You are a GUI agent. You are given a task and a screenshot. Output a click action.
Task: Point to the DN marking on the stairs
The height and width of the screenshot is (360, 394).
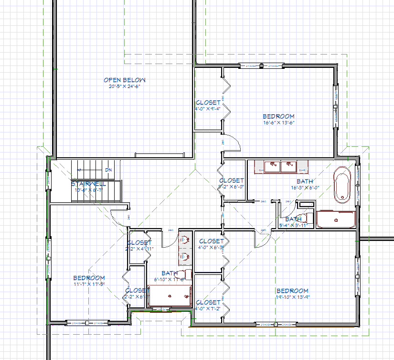[x=108, y=170]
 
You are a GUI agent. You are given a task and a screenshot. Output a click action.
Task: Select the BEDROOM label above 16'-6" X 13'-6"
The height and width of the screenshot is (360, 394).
[x=278, y=116]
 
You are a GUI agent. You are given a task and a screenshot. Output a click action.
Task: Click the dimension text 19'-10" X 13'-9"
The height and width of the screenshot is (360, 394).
[x=292, y=297]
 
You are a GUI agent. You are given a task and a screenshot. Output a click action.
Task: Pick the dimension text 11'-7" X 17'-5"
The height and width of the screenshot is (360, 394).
[x=89, y=284]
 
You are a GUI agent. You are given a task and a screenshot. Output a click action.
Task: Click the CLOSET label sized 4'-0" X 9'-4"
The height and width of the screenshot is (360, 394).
[x=208, y=102]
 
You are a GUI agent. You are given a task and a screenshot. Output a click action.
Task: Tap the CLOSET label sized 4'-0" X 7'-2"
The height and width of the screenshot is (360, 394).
[x=208, y=302]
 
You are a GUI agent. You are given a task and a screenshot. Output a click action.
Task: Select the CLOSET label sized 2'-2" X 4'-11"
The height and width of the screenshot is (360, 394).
[x=139, y=242]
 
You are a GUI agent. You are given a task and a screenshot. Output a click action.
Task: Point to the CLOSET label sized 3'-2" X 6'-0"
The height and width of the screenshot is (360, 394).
[x=231, y=180]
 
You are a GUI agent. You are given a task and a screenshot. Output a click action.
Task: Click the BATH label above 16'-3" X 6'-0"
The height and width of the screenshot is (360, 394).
[x=305, y=182]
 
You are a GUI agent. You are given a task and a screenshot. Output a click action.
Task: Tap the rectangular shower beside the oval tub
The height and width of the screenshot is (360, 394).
[x=336, y=219]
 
